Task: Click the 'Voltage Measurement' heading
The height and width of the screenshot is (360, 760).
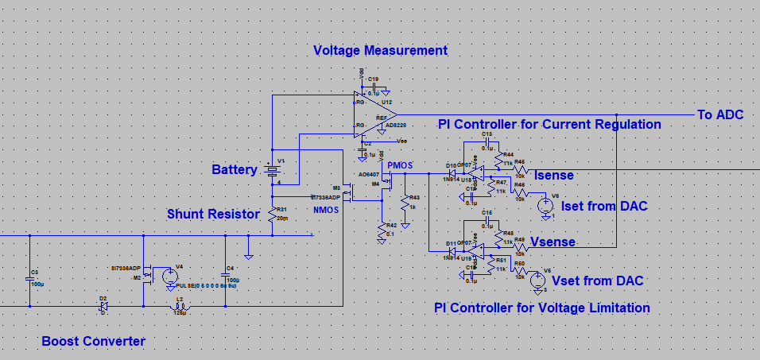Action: (380, 51)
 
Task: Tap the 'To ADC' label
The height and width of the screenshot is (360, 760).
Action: (720, 115)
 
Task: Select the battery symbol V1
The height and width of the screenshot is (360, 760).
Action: (272, 170)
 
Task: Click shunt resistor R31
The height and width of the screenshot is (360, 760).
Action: (272, 215)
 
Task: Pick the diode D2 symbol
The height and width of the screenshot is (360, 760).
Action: (103, 305)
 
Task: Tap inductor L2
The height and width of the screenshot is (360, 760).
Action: (179, 305)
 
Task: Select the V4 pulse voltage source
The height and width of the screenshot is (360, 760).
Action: (169, 277)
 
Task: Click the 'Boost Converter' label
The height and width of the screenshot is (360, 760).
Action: (94, 342)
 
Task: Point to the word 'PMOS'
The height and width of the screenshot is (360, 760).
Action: (401, 165)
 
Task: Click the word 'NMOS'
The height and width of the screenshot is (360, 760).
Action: (326, 211)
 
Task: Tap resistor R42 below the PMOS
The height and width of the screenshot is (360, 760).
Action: (382, 230)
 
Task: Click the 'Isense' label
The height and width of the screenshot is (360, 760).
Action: (554, 175)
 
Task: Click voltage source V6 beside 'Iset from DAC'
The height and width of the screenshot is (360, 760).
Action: (545, 205)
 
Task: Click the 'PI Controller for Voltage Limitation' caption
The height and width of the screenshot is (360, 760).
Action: (542, 308)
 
